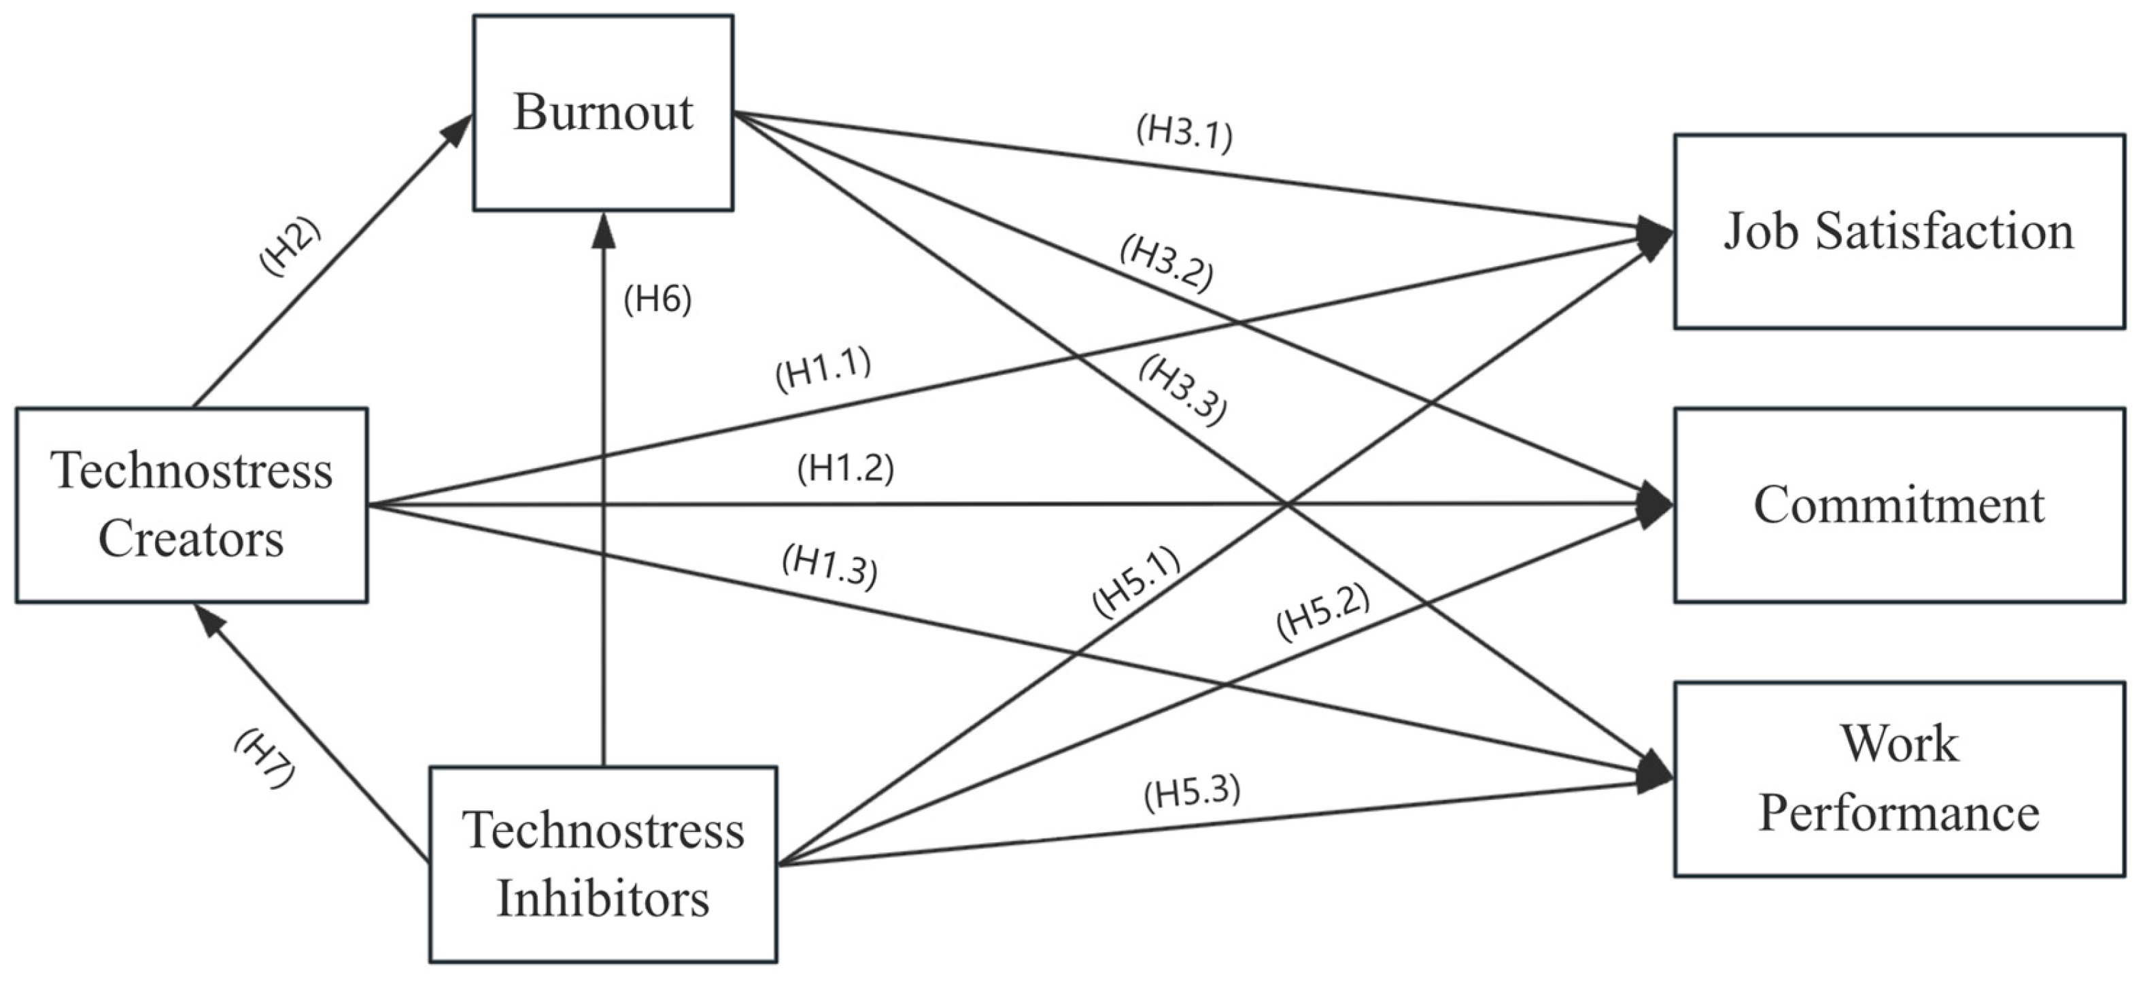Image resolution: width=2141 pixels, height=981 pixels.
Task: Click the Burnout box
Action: point(602,112)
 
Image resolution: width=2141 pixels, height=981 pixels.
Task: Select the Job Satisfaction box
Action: point(1898,231)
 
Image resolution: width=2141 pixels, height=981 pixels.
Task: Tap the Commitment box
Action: point(1898,505)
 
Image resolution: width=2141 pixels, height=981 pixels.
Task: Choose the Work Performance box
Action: point(1898,778)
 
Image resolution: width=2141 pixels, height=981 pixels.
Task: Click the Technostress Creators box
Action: point(191,505)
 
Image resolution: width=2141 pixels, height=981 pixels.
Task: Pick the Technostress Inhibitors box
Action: point(602,864)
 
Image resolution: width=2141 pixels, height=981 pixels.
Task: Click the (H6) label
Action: point(657,300)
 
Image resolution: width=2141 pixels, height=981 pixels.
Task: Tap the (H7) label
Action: point(264,758)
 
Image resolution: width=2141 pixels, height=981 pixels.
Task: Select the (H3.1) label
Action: point(1184,133)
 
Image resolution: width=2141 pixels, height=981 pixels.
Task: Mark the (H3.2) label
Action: point(1166,263)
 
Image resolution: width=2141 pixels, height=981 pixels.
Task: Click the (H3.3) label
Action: point(1182,389)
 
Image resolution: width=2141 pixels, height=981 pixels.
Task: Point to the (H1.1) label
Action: point(823,369)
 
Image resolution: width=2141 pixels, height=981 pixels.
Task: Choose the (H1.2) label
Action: point(845,469)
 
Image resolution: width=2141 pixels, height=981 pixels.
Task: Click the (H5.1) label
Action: point(1136,582)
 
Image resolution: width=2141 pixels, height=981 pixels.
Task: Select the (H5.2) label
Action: point(1322,612)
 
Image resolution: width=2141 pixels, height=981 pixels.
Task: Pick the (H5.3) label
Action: point(1192,793)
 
